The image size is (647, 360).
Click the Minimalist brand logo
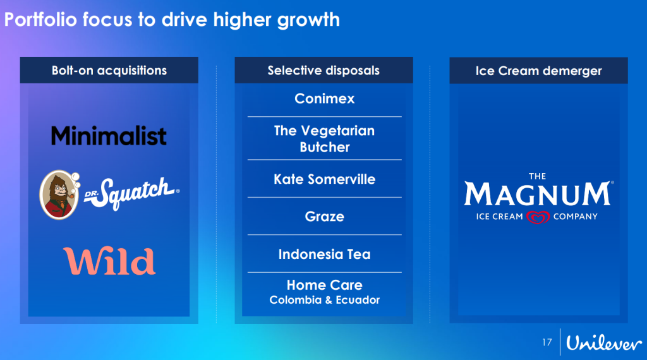click(109, 136)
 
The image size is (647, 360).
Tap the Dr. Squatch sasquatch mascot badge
click(59, 195)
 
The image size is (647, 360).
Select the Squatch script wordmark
click(132, 193)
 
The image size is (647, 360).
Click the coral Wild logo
click(109, 261)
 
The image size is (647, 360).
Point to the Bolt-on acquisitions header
click(109, 71)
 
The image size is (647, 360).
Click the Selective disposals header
click(324, 71)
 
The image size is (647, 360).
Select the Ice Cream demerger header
click(538, 71)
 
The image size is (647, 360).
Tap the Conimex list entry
click(324, 99)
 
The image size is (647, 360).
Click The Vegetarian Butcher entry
click(324, 139)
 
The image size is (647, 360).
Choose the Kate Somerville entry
click(324, 179)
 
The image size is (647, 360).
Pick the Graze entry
click(324, 217)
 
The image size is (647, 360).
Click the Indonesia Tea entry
click(324, 254)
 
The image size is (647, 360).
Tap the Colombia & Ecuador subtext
click(324, 300)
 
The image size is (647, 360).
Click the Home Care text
click(324, 285)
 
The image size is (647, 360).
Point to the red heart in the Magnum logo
click(538, 217)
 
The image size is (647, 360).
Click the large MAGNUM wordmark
click(537, 194)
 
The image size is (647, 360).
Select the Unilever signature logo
click(603, 343)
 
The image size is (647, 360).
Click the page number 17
click(547, 342)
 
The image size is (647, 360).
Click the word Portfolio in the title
click(40, 20)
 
